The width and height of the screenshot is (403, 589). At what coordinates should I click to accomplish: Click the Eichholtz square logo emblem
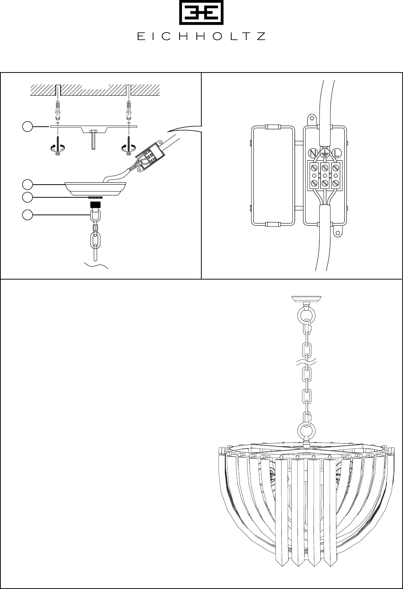[x=201, y=12]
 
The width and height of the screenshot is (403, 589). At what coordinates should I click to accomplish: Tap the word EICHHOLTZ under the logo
[x=201, y=37]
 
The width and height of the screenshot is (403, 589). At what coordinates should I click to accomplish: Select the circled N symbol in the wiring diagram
[x=313, y=153]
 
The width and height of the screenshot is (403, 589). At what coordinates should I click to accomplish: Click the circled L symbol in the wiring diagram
[x=336, y=153]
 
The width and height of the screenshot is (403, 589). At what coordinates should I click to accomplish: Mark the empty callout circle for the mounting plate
[x=27, y=127]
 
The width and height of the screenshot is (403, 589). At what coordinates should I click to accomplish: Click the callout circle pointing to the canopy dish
[x=27, y=185]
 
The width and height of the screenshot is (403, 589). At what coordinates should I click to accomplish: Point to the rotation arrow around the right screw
[x=129, y=148]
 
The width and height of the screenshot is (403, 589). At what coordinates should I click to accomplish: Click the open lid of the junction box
[x=273, y=176]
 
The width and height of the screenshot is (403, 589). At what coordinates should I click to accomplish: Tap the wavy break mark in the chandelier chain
[x=306, y=363]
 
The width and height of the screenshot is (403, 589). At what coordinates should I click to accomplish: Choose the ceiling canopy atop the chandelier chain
[x=306, y=299]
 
